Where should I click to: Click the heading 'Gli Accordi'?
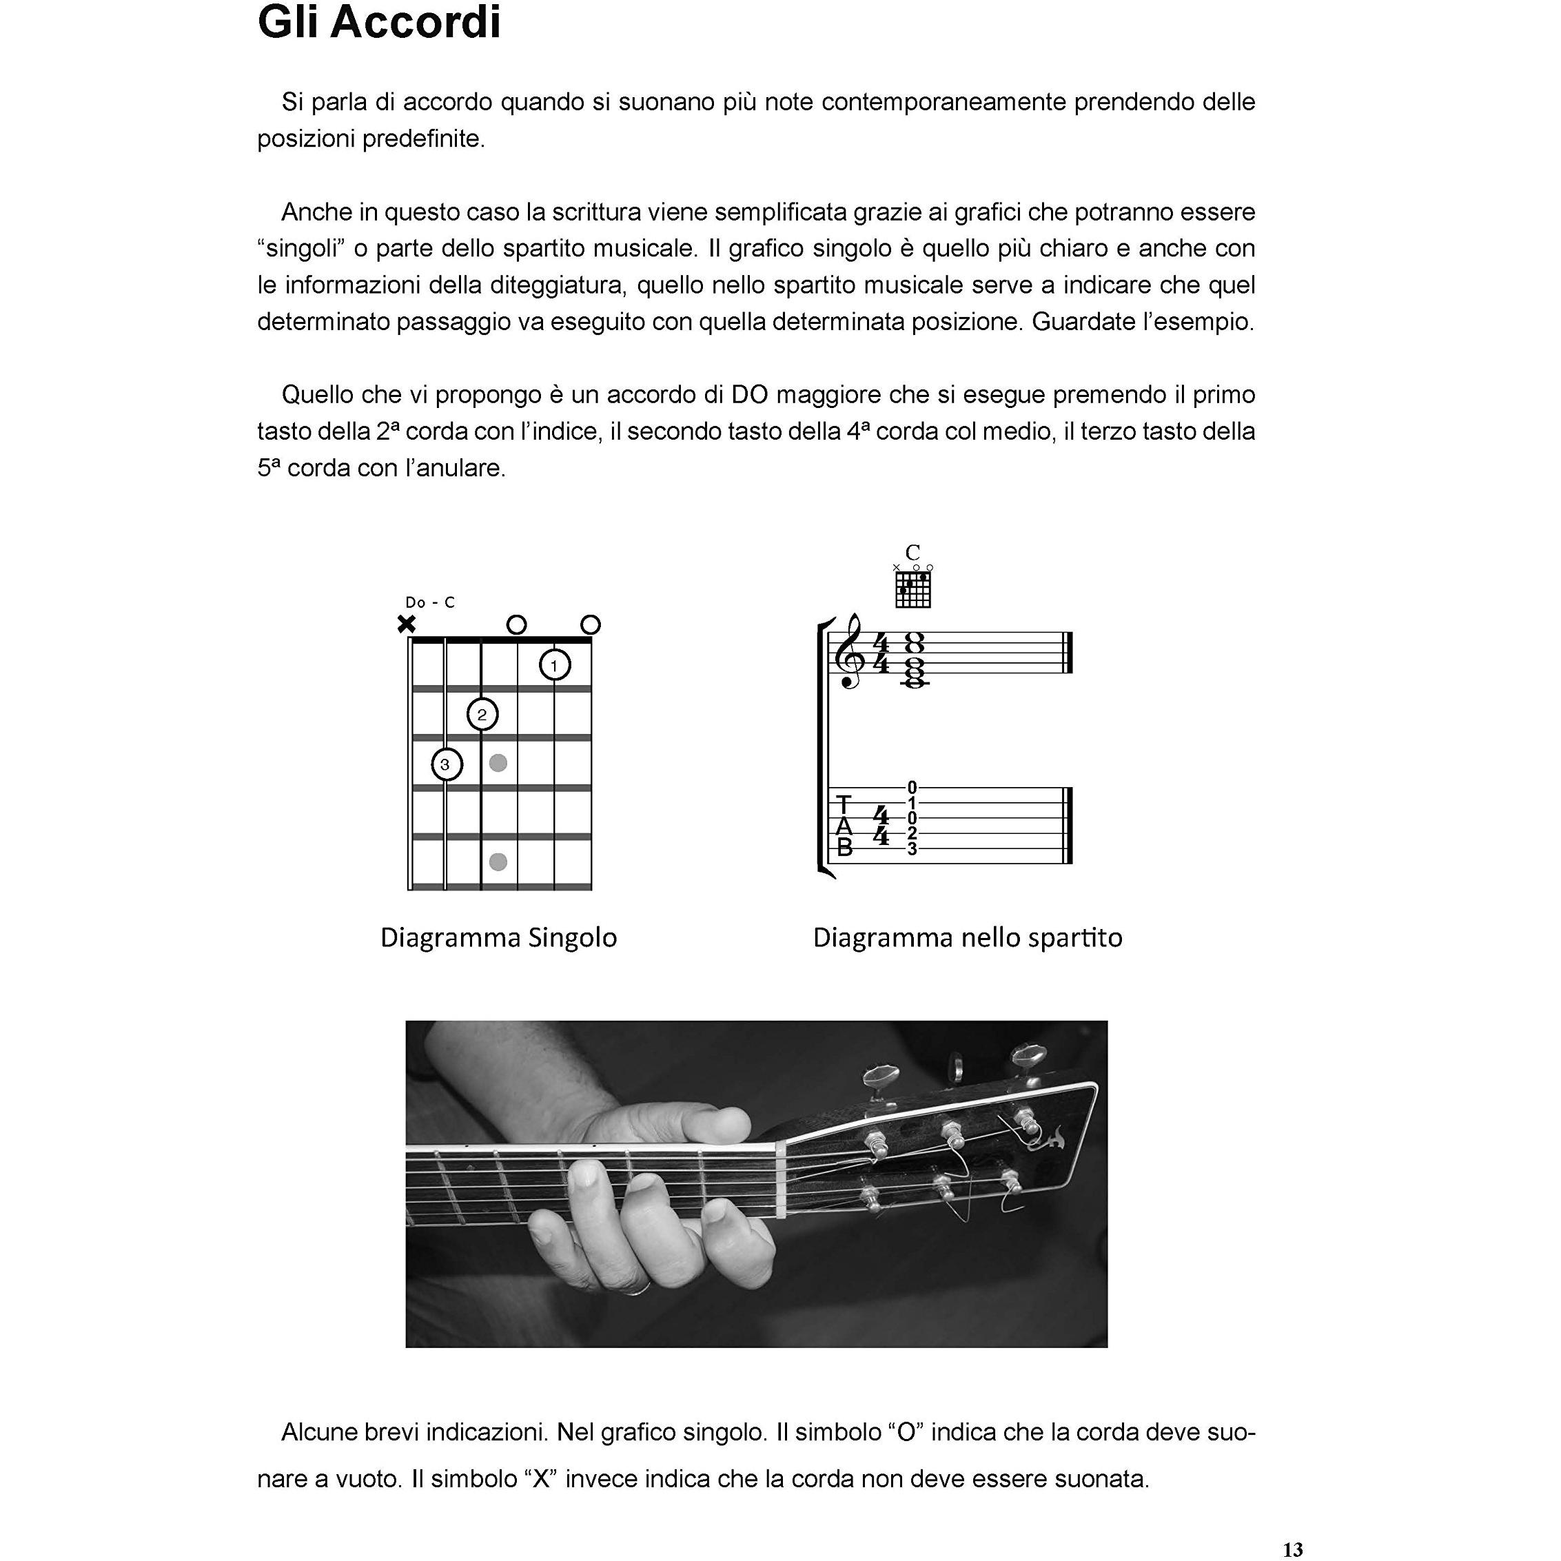(x=379, y=23)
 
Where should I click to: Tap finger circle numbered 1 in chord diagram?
(x=554, y=666)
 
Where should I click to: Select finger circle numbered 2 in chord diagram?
(x=482, y=714)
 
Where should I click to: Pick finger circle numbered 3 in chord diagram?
(x=446, y=764)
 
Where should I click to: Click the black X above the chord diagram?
(x=407, y=624)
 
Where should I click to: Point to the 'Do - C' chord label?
(x=430, y=602)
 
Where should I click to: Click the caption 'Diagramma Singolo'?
(x=498, y=938)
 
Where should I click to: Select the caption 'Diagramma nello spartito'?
(x=967, y=938)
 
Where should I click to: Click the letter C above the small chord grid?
(x=912, y=553)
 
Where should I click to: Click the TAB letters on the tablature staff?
(x=844, y=826)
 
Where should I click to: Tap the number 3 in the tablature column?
(x=912, y=849)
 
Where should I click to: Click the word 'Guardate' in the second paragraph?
(x=1081, y=322)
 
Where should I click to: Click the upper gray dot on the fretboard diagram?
(x=498, y=763)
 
